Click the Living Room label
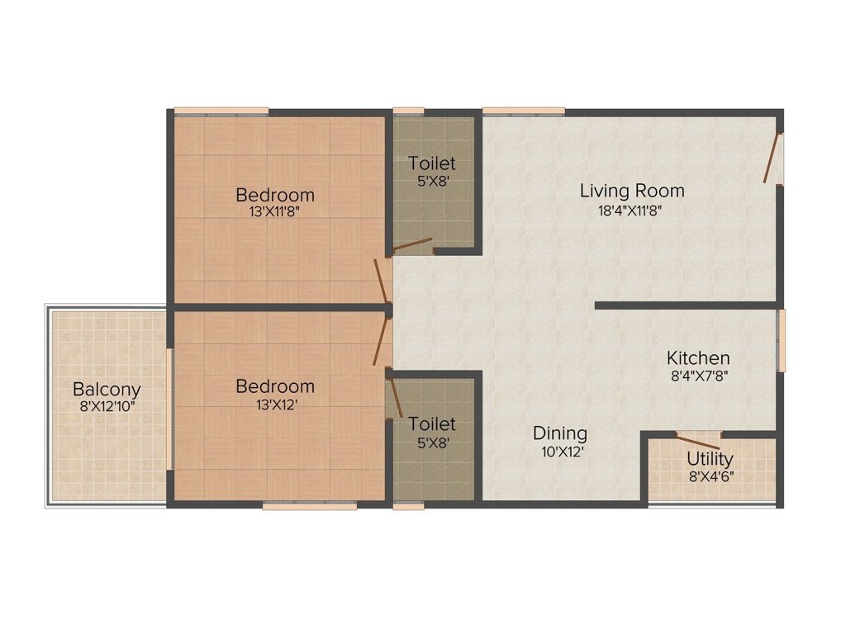632,191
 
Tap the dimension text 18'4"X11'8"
632,210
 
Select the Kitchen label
698,358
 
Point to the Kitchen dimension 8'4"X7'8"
698,375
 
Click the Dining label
559,433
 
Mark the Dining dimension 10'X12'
559,452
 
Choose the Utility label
710,459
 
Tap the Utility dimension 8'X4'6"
710,475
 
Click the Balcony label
107,389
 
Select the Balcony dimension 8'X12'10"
107,406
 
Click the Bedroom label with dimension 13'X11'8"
275,195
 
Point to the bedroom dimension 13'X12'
275,405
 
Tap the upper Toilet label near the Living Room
432,163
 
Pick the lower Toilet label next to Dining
432,423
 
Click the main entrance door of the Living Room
772,158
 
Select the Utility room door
698,438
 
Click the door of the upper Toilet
412,244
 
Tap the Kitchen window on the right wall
781,340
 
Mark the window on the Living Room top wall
523,111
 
